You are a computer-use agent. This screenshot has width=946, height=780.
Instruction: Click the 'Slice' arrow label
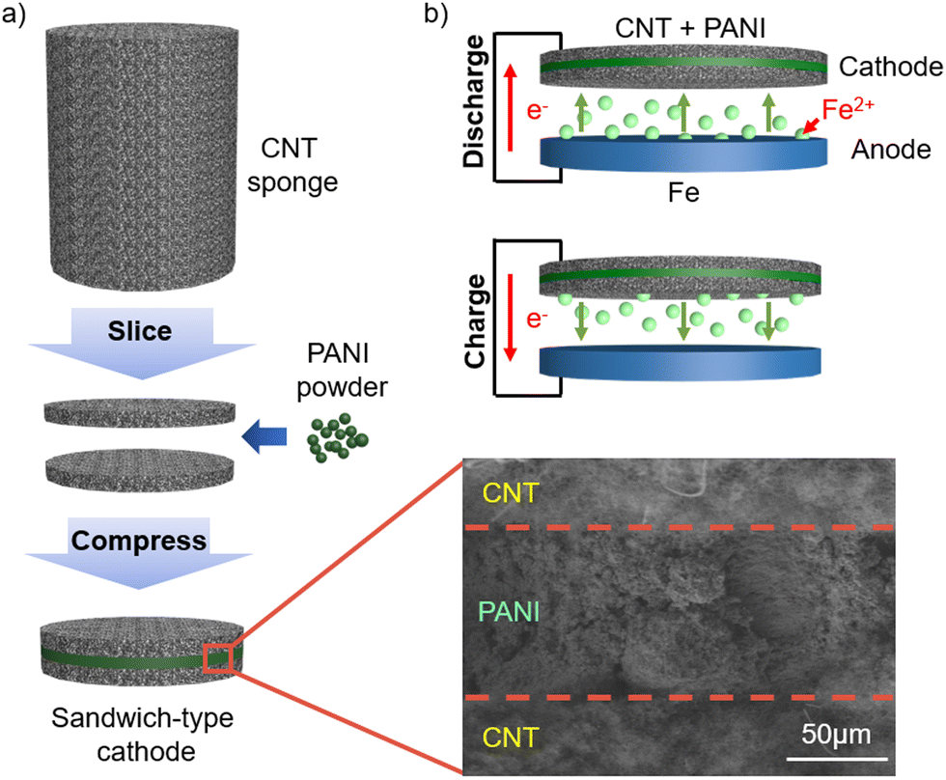tap(140, 331)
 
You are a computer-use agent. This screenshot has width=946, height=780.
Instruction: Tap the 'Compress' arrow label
tap(139, 541)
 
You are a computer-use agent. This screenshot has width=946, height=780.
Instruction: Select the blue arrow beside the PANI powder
tap(264, 436)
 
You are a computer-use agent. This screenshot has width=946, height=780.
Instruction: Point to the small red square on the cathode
tap(218, 658)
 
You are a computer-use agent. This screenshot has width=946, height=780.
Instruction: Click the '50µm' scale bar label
tap(836, 735)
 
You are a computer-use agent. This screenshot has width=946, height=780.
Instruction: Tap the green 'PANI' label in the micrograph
tap(509, 612)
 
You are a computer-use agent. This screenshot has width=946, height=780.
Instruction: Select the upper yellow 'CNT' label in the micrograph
tap(511, 493)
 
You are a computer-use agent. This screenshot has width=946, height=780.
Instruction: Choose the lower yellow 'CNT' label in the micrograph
tap(511, 738)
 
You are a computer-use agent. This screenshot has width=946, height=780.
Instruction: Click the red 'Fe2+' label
tap(848, 109)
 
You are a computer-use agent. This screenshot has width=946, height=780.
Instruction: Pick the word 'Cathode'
tap(890, 67)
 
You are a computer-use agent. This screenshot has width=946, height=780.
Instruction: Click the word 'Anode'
tap(891, 150)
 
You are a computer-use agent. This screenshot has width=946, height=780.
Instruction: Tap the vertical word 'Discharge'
tap(474, 101)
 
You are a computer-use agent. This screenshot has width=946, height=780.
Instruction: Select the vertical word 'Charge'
tap(475, 320)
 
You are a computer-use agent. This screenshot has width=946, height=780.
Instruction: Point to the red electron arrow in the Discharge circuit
tap(511, 108)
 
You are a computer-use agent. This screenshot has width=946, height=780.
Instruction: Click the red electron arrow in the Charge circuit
tap(511, 318)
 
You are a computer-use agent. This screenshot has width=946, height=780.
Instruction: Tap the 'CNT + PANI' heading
tap(690, 28)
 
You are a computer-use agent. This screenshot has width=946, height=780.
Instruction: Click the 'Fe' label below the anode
tap(683, 193)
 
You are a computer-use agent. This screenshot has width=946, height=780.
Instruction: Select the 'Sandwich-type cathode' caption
tap(143, 735)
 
